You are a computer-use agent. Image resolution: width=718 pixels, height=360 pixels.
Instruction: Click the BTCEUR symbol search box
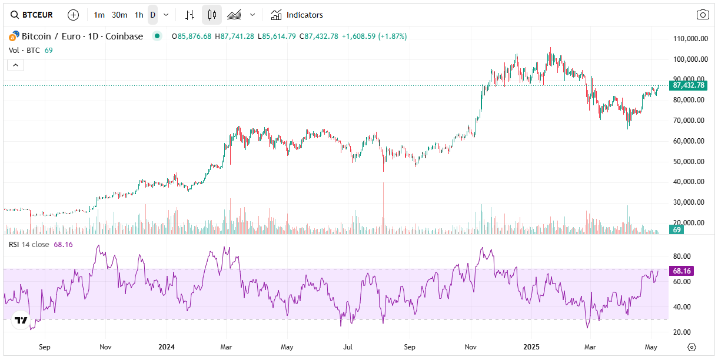(x=32, y=15)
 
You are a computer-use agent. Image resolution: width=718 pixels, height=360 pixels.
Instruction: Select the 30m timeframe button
(x=119, y=15)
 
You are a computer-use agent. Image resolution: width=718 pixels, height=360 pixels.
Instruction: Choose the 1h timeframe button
(x=138, y=15)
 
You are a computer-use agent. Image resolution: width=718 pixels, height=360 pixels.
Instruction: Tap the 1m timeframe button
(x=99, y=15)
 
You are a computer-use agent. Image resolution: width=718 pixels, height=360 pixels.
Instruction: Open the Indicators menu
(x=297, y=15)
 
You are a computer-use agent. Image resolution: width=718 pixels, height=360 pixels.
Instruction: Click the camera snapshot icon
(x=702, y=15)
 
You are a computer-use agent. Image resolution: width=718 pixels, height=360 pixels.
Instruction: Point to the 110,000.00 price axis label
(x=690, y=39)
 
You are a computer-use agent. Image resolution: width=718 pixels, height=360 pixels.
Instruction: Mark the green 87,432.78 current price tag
(x=689, y=85)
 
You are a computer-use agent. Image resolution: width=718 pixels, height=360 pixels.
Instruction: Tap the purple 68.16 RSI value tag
(x=682, y=271)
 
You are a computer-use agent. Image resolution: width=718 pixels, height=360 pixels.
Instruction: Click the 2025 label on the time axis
(x=531, y=347)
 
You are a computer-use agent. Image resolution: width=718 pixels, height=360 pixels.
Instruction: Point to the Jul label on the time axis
(x=348, y=347)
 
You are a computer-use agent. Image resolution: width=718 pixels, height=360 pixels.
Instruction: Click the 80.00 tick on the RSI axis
(x=682, y=256)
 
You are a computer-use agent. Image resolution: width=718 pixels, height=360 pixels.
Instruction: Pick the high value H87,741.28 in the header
(x=234, y=36)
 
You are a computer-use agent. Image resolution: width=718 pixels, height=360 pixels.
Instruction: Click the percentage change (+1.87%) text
(x=392, y=36)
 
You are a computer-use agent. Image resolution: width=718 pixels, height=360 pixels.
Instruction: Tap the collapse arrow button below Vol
(x=16, y=65)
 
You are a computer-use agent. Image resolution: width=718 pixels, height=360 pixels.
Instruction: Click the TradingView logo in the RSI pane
(x=21, y=320)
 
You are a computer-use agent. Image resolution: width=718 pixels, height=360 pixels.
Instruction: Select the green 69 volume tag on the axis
(x=677, y=229)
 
